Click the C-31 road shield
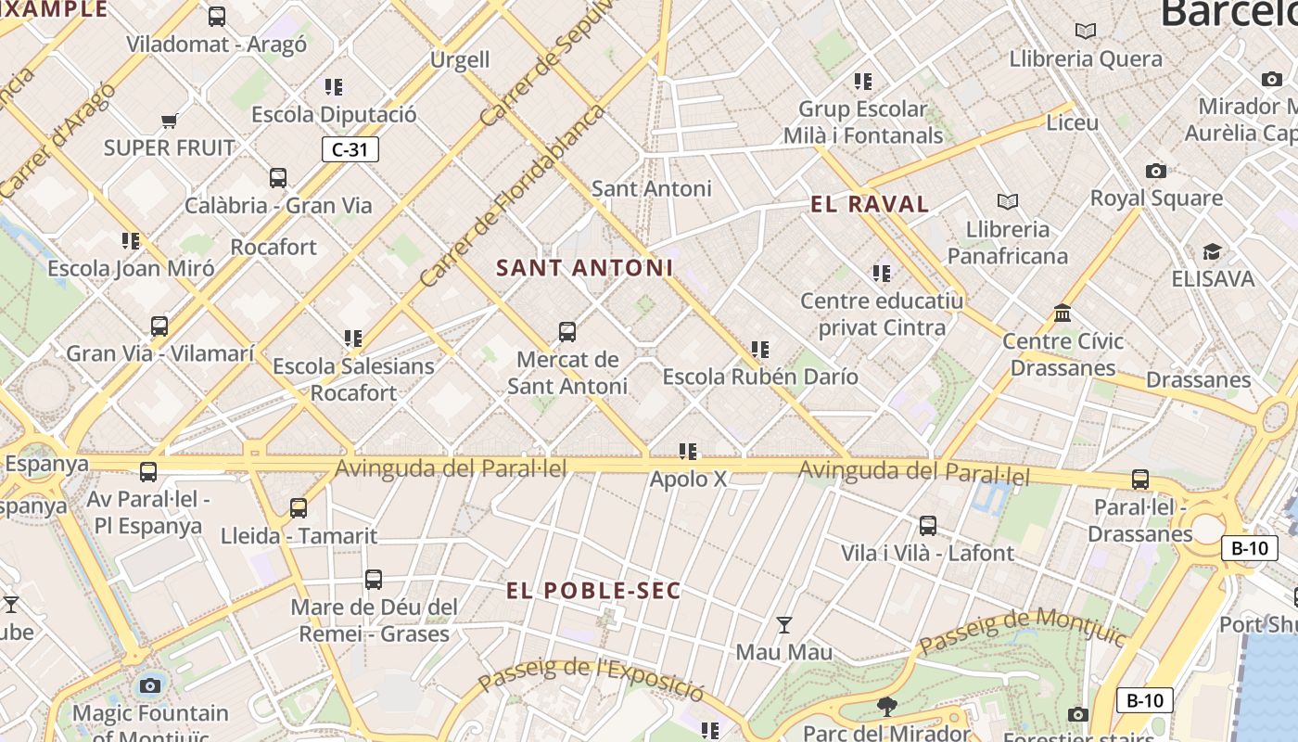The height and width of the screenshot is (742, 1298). point(350,149)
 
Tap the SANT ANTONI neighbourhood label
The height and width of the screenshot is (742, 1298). point(584,268)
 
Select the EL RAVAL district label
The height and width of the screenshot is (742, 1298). point(870,205)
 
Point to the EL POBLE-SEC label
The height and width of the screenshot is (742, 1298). point(593,591)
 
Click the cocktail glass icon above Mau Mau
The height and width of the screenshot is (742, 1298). point(784,625)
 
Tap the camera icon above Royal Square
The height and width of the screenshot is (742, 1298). point(1155,171)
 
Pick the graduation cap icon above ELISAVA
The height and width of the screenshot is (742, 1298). point(1212,252)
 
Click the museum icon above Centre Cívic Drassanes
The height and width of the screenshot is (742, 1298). point(1063,313)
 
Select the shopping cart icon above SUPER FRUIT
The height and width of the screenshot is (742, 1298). point(169,121)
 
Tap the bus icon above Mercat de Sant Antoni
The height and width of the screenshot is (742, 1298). point(566,331)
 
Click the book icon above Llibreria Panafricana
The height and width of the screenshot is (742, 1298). point(1007,201)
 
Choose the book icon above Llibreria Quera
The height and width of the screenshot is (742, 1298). point(1085,32)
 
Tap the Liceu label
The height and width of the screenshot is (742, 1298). point(1072,122)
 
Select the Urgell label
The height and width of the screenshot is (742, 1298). point(460,60)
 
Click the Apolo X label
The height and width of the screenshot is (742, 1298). point(688,480)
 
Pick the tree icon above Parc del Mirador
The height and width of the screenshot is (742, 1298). point(886,707)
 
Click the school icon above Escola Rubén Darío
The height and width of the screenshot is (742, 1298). point(760,350)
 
